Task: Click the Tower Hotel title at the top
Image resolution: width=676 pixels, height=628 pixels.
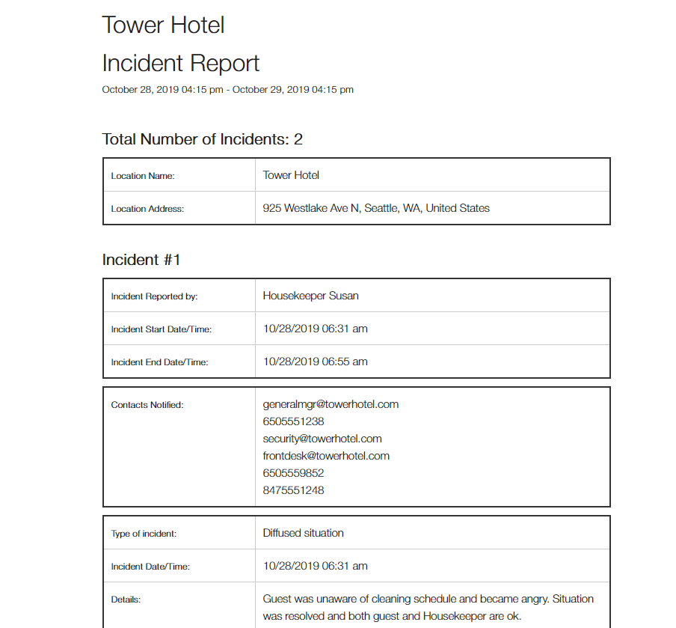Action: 163,25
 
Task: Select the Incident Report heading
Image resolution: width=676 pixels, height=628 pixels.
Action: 181,63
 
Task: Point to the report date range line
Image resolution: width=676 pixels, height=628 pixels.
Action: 227,90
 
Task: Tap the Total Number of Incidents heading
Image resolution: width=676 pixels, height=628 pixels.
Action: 202,139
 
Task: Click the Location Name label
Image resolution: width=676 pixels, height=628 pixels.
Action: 143,176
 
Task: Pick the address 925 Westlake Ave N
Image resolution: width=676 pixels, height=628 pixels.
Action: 376,208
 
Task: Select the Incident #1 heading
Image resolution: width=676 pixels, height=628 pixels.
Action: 141,260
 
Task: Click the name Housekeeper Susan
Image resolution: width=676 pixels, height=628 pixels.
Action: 310,296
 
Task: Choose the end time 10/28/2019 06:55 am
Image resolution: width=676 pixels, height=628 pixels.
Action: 315,362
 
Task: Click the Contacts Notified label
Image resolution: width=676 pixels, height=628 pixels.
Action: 147,405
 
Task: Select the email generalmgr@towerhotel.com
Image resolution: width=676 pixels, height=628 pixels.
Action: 331,404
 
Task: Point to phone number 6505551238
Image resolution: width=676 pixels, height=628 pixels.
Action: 293,421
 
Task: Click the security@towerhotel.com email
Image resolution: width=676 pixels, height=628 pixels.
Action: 322,439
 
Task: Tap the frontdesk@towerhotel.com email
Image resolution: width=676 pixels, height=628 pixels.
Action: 326,456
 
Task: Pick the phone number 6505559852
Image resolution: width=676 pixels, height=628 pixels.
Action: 293,473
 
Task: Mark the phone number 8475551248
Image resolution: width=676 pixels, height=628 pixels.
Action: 293,490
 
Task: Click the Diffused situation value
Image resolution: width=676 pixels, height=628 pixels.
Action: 303,533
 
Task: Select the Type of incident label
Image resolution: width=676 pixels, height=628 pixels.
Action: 144,534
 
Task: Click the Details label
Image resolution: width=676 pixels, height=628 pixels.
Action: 126,600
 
